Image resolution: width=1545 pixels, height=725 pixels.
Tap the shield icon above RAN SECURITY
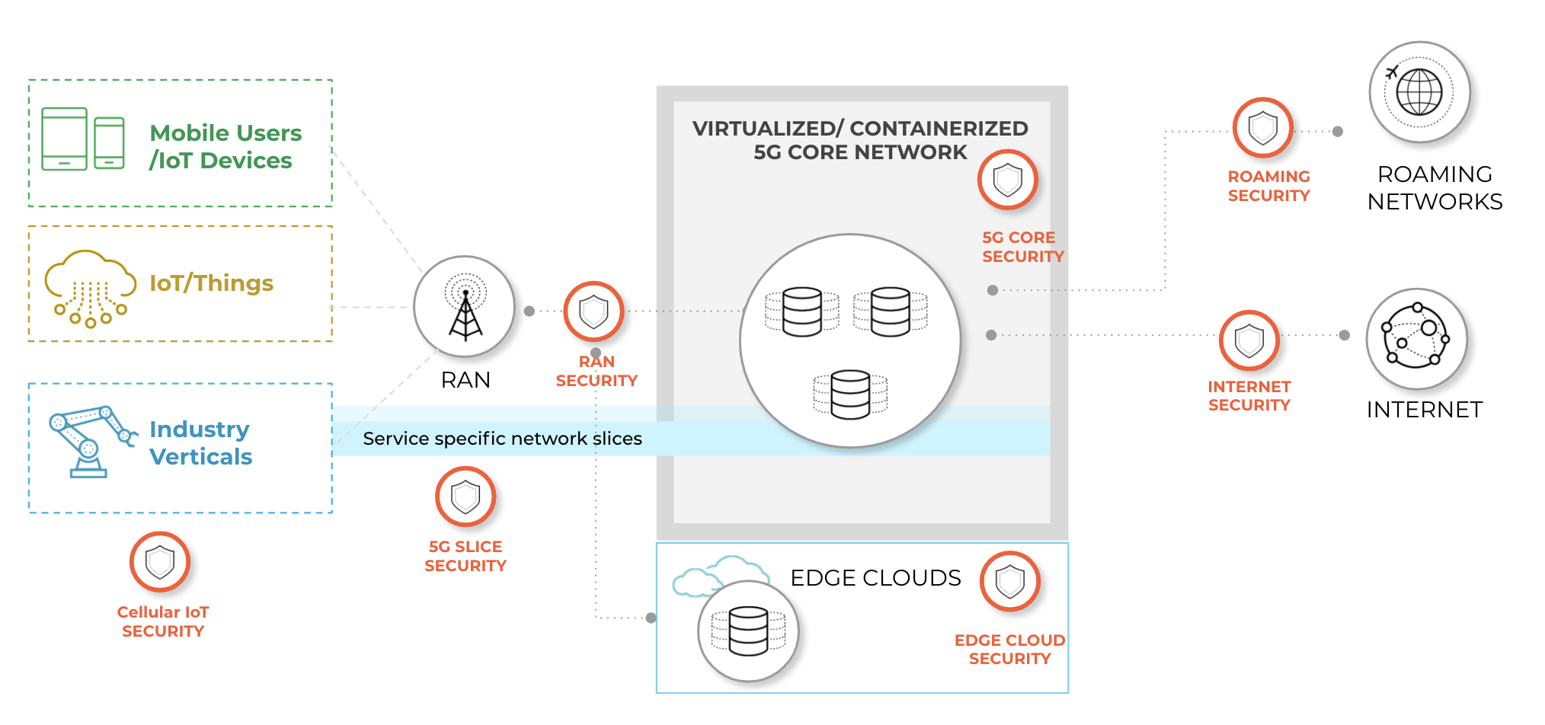tap(593, 311)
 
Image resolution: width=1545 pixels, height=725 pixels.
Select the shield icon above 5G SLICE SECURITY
tap(465, 497)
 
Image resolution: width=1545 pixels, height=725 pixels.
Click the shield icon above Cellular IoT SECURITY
tap(160, 563)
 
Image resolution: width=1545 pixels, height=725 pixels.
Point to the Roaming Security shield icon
tap(1263, 128)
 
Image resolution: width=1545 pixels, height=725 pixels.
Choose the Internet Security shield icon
tap(1249, 340)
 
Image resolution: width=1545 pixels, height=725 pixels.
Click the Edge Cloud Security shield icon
tap(1010, 582)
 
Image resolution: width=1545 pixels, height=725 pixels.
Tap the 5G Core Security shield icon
tap(1008, 180)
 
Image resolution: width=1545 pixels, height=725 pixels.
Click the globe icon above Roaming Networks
tap(1419, 92)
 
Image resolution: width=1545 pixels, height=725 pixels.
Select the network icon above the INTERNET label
tap(1416, 338)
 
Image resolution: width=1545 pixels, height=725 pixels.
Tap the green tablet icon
tap(64, 139)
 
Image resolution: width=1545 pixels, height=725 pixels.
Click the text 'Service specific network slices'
tap(502, 439)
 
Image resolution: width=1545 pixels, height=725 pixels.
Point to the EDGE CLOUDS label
tap(875, 578)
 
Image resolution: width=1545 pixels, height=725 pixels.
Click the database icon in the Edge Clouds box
tap(748, 631)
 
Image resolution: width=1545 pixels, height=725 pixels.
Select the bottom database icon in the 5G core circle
tap(850, 394)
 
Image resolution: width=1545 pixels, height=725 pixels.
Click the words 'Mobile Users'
tap(226, 133)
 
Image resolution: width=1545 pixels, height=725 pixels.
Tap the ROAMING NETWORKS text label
tap(1435, 188)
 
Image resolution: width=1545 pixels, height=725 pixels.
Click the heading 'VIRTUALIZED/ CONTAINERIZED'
tap(860, 129)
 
